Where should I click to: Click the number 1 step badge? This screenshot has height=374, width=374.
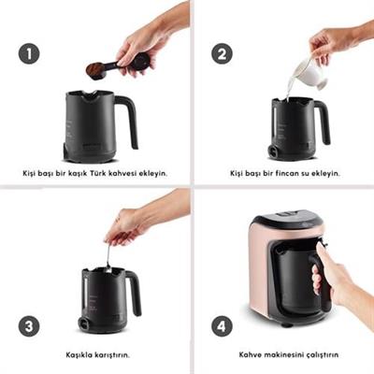click(x=29, y=53)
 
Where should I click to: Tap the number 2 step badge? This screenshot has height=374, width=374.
click(x=222, y=53)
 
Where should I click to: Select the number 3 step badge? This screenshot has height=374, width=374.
click(x=29, y=326)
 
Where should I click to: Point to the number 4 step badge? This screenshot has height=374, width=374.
click(x=222, y=326)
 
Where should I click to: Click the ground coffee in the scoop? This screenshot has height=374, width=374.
click(x=95, y=70)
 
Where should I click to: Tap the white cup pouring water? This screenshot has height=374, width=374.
click(x=310, y=72)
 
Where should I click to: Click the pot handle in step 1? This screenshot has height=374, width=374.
click(x=128, y=120)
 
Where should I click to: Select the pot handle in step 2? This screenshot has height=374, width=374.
click(x=323, y=122)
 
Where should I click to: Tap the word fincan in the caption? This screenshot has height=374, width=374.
click(x=287, y=173)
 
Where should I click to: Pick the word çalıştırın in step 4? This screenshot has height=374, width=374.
click(x=323, y=355)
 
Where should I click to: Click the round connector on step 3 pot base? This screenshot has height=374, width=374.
click(x=84, y=324)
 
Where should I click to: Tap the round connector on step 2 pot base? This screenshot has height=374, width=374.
click(x=273, y=151)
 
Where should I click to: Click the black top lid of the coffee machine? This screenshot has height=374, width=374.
click(x=287, y=218)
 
